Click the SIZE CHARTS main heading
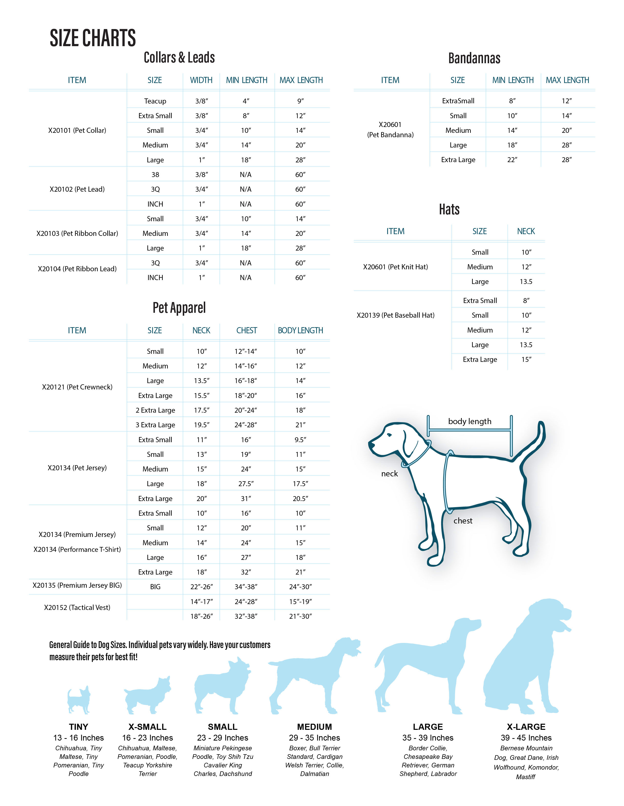(x=93, y=38)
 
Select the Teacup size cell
(x=155, y=101)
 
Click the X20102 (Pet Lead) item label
(x=77, y=189)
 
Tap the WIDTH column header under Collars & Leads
(x=201, y=80)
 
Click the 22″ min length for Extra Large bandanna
(x=512, y=160)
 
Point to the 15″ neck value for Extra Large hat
(x=526, y=359)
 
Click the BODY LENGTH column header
(x=300, y=331)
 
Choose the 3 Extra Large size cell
(x=155, y=425)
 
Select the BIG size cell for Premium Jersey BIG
(x=155, y=587)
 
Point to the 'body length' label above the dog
(x=470, y=421)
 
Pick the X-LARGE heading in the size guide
(x=526, y=727)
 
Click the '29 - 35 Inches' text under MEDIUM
(x=315, y=738)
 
